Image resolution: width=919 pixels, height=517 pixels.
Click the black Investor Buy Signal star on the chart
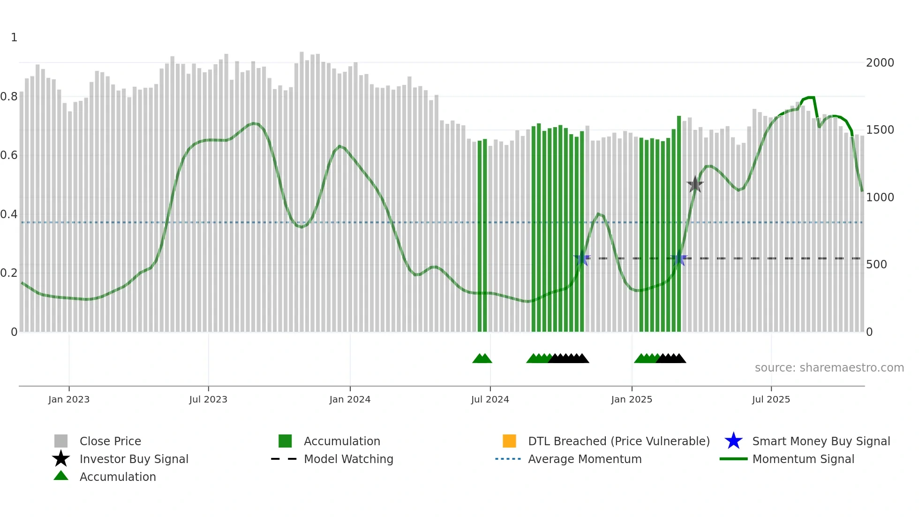click(x=695, y=184)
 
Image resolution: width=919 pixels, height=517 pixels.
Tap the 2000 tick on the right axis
click(x=880, y=62)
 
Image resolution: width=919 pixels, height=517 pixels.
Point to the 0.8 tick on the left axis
click(x=9, y=97)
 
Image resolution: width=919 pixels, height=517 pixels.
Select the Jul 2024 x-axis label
click(x=490, y=399)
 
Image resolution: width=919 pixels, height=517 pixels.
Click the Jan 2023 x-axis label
click(x=69, y=399)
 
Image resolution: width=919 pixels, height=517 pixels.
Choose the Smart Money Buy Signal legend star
click(x=733, y=441)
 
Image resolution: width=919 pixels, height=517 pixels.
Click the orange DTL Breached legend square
click(x=509, y=441)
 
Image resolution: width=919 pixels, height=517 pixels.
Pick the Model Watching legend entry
click(x=348, y=459)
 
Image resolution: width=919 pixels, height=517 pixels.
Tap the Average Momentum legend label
click(x=585, y=459)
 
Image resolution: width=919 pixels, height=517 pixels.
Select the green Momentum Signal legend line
click(x=733, y=459)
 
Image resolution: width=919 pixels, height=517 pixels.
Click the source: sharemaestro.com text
click(x=829, y=367)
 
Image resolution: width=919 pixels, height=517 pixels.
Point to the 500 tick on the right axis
click(x=876, y=265)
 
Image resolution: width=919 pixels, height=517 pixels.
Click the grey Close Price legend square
click(x=61, y=441)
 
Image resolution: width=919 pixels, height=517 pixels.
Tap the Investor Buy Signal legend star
click(x=61, y=459)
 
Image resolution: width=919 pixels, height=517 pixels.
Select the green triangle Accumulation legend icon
click(x=61, y=476)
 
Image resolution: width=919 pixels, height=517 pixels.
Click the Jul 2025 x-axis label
click(x=771, y=399)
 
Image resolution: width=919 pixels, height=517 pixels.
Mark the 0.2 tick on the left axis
click(x=9, y=273)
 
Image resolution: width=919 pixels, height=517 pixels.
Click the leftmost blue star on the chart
click(x=582, y=258)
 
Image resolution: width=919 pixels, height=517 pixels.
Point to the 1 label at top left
click(x=14, y=38)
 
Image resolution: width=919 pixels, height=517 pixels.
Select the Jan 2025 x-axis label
click(x=632, y=399)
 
